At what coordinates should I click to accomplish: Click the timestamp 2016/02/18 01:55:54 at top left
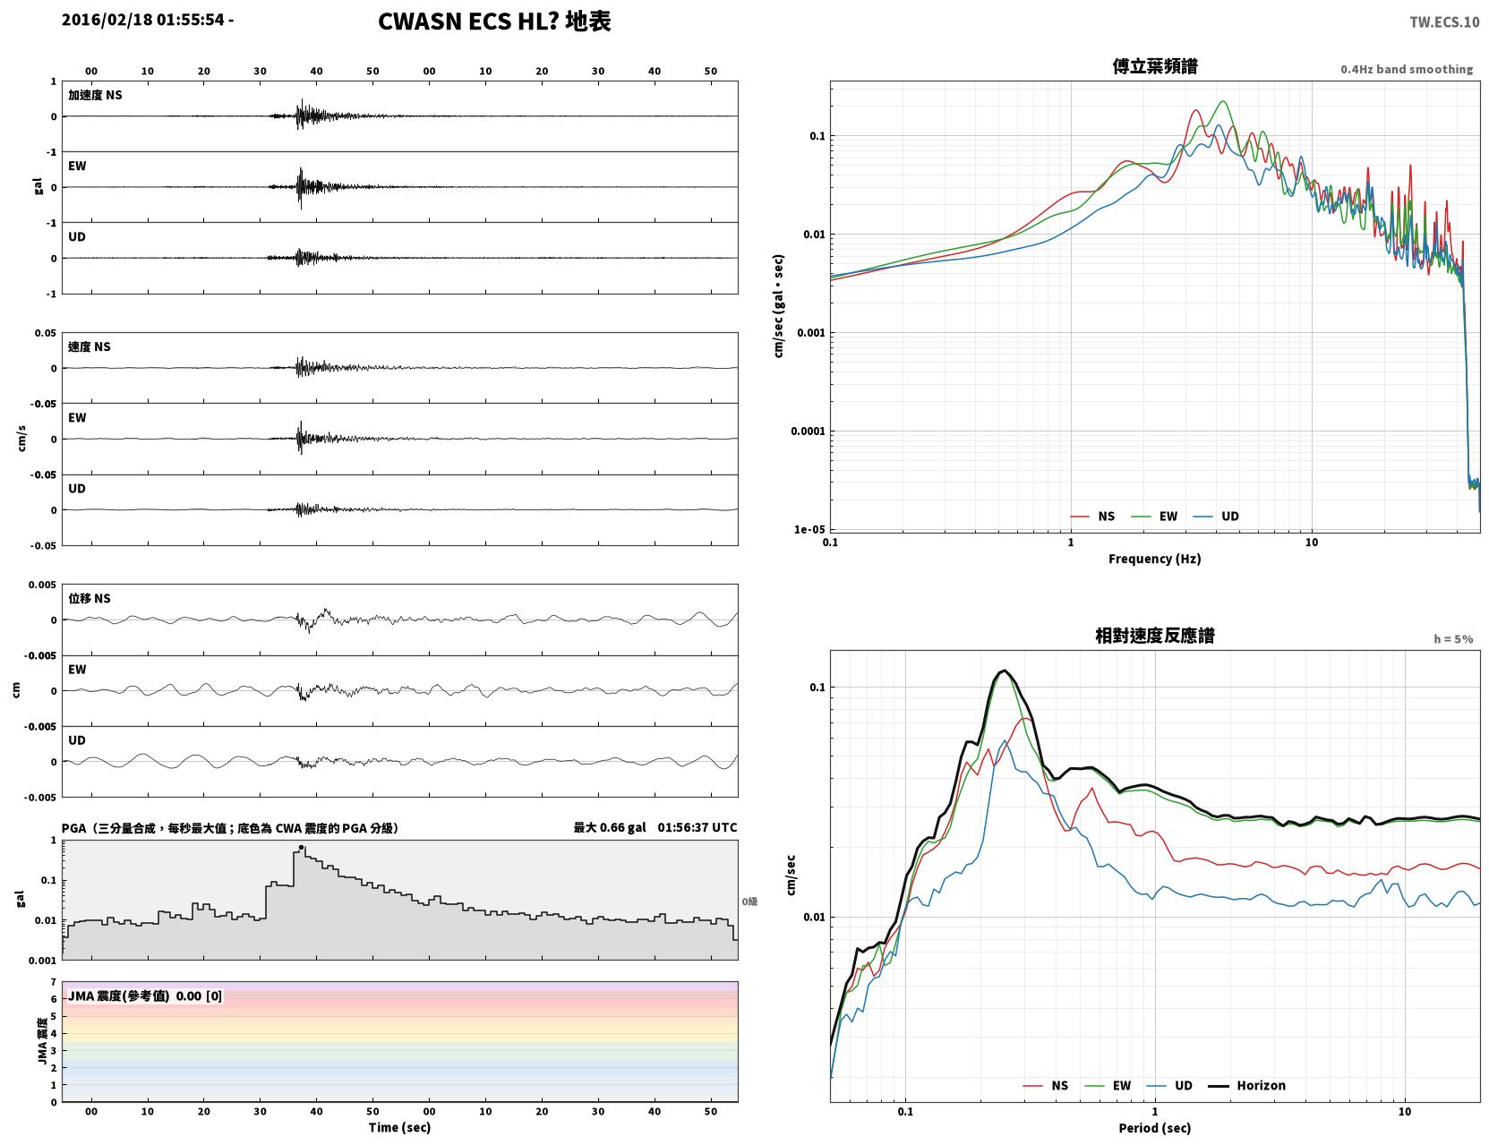tap(143, 20)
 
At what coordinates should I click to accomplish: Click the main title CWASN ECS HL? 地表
tap(494, 21)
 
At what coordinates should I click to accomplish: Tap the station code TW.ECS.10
tap(1444, 21)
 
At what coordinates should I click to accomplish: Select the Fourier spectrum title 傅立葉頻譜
tap(1155, 66)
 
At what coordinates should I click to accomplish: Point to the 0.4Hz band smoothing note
tap(1407, 69)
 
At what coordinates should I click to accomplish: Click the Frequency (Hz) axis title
tap(1155, 559)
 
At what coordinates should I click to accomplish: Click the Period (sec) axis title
tap(1155, 1128)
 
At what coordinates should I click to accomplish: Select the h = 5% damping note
tap(1453, 639)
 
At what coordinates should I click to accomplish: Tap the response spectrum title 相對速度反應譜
tap(1155, 636)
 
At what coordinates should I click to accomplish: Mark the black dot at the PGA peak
tap(301, 848)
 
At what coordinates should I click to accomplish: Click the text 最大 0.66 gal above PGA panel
tap(610, 827)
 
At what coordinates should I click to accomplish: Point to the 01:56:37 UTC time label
tap(697, 827)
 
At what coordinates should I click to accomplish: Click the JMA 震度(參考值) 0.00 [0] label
tap(144, 995)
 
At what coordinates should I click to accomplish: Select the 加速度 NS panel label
tap(95, 95)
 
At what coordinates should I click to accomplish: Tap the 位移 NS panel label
tap(89, 599)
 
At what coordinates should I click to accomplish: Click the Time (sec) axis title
tap(399, 1127)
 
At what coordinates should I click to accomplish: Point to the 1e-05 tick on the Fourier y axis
tap(809, 529)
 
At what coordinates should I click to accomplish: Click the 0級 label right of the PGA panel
tap(749, 901)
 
